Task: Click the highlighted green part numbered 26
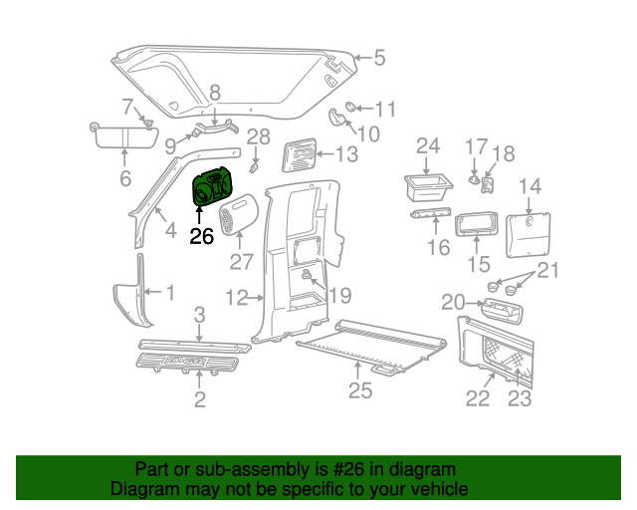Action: click(210, 188)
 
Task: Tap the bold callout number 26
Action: click(202, 237)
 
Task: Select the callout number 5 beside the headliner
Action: click(379, 58)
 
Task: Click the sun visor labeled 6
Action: click(122, 135)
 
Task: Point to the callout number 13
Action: click(346, 154)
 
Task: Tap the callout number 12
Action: click(236, 297)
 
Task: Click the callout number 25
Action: click(360, 390)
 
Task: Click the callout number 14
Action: click(530, 186)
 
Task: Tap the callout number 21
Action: click(549, 270)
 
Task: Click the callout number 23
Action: click(521, 399)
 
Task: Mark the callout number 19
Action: click(340, 295)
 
